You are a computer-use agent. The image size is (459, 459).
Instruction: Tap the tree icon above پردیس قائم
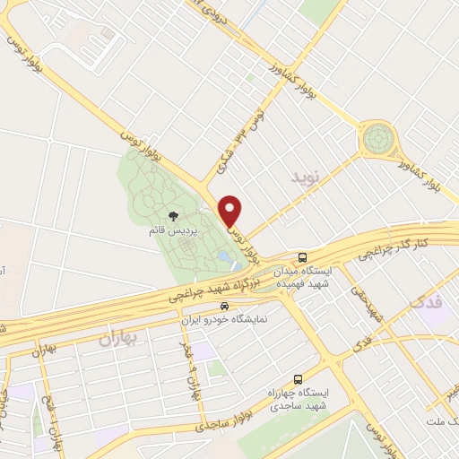click(172, 216)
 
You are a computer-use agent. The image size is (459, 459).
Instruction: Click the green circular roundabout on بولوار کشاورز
click(378, 139)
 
